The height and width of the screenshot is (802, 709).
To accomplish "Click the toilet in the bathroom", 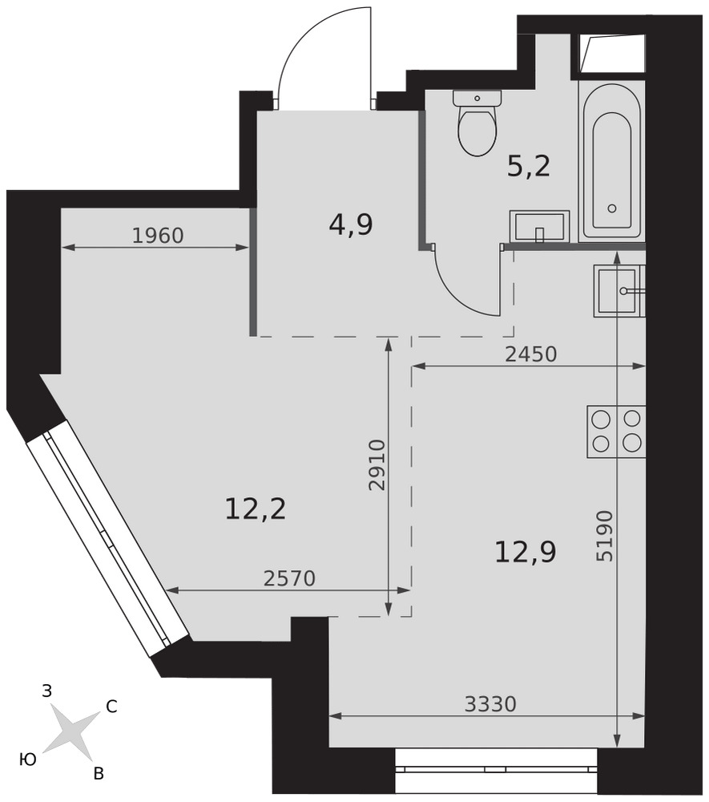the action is point(477,123).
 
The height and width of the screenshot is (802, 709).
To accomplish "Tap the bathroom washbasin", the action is point(539,225).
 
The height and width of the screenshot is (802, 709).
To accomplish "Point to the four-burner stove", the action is point(616,431).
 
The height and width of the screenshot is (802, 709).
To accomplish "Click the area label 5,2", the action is point(529,166).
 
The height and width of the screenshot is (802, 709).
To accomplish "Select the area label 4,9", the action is point(351,225).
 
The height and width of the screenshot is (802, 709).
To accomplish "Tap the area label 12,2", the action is point(255,509).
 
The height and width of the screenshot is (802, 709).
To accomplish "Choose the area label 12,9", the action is point(525,552).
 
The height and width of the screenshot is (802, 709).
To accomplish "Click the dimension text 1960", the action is point(157,236).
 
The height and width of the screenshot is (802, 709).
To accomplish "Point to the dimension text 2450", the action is point(530,354).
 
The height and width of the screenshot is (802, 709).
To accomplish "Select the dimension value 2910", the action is point(377,465).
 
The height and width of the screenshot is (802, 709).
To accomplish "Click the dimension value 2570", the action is point(290,578).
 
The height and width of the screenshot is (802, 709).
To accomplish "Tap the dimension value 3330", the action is point(490,704).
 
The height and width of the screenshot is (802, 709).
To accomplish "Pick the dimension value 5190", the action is point(605,536).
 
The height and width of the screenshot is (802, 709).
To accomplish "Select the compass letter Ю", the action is point(28,760).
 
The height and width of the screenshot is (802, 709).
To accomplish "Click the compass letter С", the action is point(111,707).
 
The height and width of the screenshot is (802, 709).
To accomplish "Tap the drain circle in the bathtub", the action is point(612,209).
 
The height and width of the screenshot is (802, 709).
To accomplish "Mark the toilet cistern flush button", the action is point(477,98).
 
